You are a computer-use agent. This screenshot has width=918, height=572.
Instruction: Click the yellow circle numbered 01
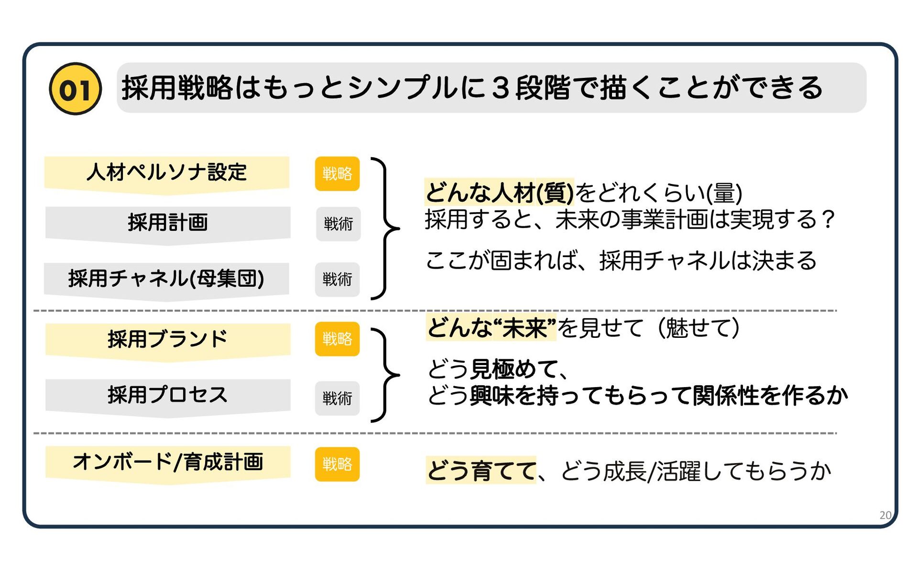coord(75,89)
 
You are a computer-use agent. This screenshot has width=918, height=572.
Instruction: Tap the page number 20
coord(885,515)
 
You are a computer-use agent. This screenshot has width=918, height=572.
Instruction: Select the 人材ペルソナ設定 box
coord(166,173)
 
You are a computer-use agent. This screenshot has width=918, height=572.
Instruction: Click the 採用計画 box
coord(167,223)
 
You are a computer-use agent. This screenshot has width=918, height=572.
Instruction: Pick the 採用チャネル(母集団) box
coord(166,279)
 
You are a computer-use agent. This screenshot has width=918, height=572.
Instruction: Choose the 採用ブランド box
coord(167,339)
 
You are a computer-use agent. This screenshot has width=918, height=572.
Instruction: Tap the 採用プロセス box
coord(167,395)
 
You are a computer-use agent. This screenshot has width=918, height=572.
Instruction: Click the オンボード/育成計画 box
coord(167,462)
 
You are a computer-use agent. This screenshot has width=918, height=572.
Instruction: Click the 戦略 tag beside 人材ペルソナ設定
coord(337,173)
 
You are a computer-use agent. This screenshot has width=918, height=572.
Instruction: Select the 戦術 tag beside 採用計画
coord(338,224)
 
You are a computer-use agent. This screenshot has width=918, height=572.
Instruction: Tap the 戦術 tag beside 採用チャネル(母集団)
coord(337,279)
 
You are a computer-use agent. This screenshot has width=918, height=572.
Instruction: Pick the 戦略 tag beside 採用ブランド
coord(337,339)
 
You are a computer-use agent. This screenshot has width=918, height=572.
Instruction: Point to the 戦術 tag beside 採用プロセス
coord(337,398)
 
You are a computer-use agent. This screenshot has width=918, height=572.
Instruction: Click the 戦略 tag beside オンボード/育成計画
coord(337,464)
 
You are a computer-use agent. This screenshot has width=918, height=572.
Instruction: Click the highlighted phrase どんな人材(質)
coord(499,193)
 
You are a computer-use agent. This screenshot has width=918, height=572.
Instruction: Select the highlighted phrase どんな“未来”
coord(492,328)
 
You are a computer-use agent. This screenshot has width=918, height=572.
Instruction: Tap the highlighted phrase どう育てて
coord(481,471)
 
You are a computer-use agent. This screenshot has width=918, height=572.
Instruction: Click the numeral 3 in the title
coord(500,89)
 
